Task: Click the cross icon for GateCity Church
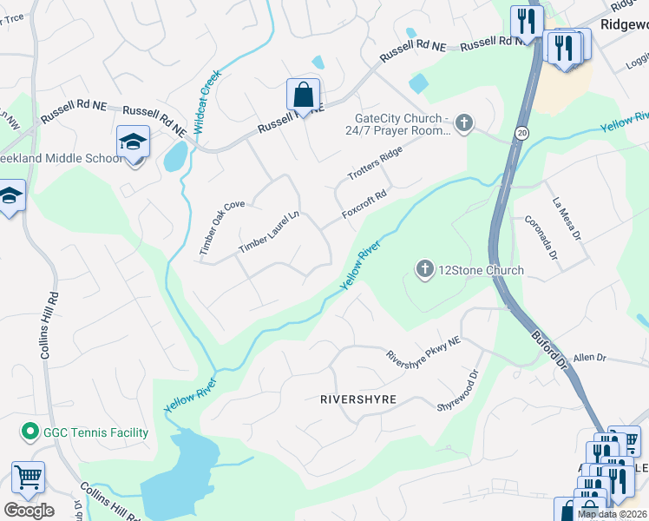point(464,124)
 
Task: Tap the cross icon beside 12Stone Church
point(424,270)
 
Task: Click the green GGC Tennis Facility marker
point(29,432)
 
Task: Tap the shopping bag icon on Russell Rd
point(303,94)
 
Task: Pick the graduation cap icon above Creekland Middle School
point(134,142)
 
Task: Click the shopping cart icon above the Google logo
point(28,477)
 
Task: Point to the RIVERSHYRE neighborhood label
point(358,399)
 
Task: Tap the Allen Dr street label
point(589,357)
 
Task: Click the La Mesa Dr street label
point(564,217)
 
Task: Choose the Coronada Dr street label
point(538,239)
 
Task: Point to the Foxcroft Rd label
point(364,206)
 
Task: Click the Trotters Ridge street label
point(376,164)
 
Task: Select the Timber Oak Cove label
point(221,228)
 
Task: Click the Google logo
point(29,511)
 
